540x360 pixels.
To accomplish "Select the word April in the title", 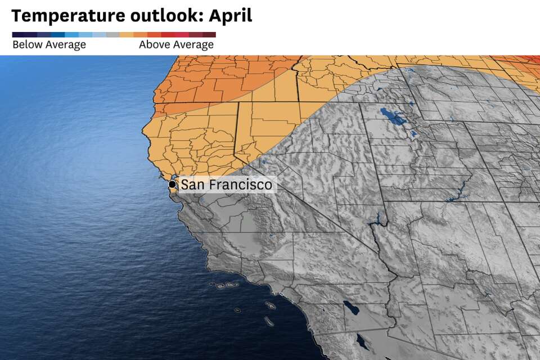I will tap(231, 16).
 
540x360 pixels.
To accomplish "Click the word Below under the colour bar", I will tap(26, 45).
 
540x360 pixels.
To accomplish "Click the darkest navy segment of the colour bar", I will tap(19, 34).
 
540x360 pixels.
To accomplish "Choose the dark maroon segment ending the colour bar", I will tap(209, 34).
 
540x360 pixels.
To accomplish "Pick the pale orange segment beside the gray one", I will tap(126, 34).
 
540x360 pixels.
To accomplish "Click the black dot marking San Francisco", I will tap(172, 184).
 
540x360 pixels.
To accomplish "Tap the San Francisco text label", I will tap(226, 184).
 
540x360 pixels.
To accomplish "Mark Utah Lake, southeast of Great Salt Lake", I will tap(416, 135).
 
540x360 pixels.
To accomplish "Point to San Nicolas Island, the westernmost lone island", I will tap(237, 310).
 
